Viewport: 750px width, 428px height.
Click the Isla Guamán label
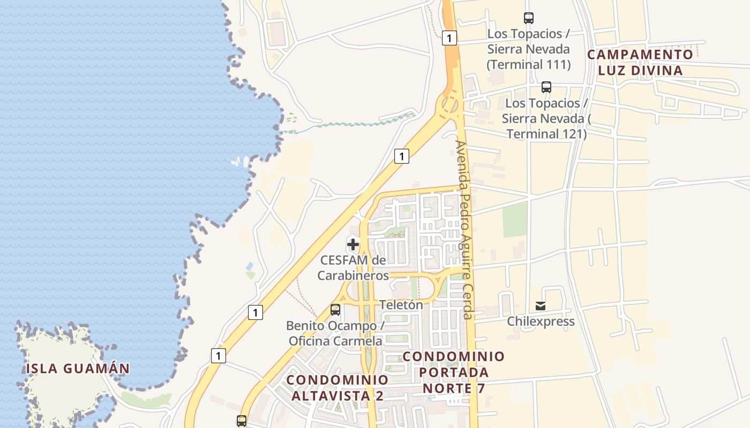tap(78, 368)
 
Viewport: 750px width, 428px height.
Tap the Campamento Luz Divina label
tap(640, 62)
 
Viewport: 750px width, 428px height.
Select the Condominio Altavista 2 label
tap(337, 387)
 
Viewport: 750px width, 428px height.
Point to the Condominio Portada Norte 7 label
tap(454, 372)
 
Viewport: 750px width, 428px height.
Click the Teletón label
tap(401, 304)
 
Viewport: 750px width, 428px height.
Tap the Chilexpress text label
tap(541, 322)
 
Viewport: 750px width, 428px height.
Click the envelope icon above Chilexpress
tap(541, 306)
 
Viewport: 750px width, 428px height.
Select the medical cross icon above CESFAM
tap(353, 245)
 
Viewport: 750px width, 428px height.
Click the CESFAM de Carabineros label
tap(353, 267)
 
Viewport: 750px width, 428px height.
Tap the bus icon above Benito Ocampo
tap(335, 310)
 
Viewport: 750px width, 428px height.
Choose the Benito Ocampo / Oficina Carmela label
tap(335, 333)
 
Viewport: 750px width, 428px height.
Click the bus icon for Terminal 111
tap(529, 18)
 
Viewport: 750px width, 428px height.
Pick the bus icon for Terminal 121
tap(546, 87)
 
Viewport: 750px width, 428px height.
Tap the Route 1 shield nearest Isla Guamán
tap(218, 355)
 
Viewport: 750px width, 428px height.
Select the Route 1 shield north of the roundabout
tap(450, 37)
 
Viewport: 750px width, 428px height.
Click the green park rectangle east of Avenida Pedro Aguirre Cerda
tap(515, 220)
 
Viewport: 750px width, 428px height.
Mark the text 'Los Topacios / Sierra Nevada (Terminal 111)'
tap(528, 49)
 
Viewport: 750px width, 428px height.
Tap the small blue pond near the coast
tap(250, 266)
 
